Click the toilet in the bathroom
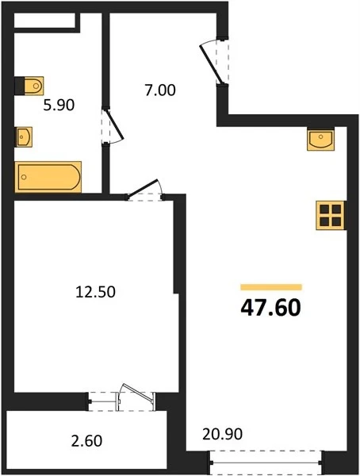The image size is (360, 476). point(29,86)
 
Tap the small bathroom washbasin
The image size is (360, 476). point(24,137)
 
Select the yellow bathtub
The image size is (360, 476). point(48,177)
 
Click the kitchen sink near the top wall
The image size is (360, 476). point(321,140)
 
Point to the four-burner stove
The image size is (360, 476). point(330,215)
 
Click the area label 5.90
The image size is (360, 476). point(59,106)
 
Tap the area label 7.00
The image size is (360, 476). point(160,90)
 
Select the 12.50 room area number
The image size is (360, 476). point(95,292)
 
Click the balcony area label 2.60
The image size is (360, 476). point(86,441)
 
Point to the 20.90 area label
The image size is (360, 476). point(223,434)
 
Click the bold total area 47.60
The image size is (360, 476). point(270,308)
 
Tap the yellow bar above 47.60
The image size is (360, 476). point(271,287)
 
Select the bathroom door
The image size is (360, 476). point(113,125)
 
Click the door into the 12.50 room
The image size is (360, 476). point(145,190)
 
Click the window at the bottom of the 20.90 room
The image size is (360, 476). point(266,463)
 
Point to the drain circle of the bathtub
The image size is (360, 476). point(24,177)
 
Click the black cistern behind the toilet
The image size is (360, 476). point(19,86)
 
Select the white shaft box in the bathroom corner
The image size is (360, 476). point(44,21)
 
